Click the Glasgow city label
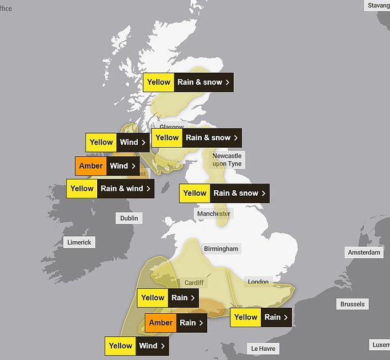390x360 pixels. tap(172, 127)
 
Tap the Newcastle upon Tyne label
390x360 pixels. tap(227, 160)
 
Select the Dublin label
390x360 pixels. tap(130, 218)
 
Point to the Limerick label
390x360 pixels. tap(79, 242)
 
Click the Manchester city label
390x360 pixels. tap(213, 214)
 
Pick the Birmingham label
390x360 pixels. tap(221, 249)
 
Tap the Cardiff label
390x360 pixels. tap(193, 283)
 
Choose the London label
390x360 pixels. tap(258, 282)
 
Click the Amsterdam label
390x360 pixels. tap(364, 253)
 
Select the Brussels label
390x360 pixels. tap(352, 304)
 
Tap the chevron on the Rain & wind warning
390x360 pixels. tap(149, 188)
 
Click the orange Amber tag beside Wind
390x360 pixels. tap(91, 166)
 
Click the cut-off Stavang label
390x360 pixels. tap(378, 6)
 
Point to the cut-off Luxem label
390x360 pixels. tap(380, 345)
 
